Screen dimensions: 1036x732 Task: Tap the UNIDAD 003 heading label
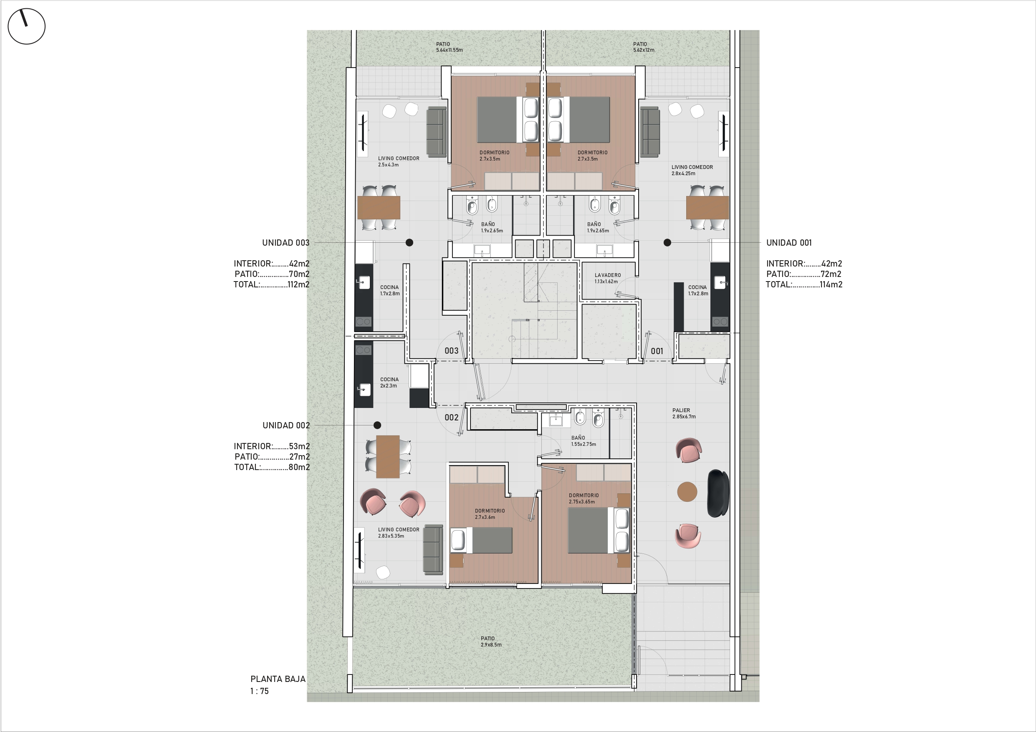(286, 243)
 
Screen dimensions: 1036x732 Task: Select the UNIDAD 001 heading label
(789, 243)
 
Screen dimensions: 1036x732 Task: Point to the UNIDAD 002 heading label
(286, 425)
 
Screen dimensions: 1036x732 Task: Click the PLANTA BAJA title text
(278, 679)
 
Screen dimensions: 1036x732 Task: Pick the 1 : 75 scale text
(260, 691)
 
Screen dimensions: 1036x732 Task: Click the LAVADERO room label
(607, 275)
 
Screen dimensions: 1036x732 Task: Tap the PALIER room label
(681, 410)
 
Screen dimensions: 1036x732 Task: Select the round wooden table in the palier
(687, 492)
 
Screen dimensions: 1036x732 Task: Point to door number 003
(451, 350)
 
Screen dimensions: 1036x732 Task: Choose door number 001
(657, 351)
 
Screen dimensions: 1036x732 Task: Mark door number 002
(451, 417)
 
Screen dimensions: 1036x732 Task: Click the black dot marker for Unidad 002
(377, 425)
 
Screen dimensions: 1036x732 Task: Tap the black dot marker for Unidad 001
(667, 243)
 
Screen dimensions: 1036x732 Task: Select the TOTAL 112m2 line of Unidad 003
(271, 284)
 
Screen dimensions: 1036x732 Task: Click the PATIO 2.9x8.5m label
(491, 641)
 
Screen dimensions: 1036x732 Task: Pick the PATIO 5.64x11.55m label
(449, 47)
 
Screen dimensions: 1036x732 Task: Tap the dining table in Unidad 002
(388, 456)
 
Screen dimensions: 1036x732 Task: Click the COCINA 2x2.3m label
(389, 382)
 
